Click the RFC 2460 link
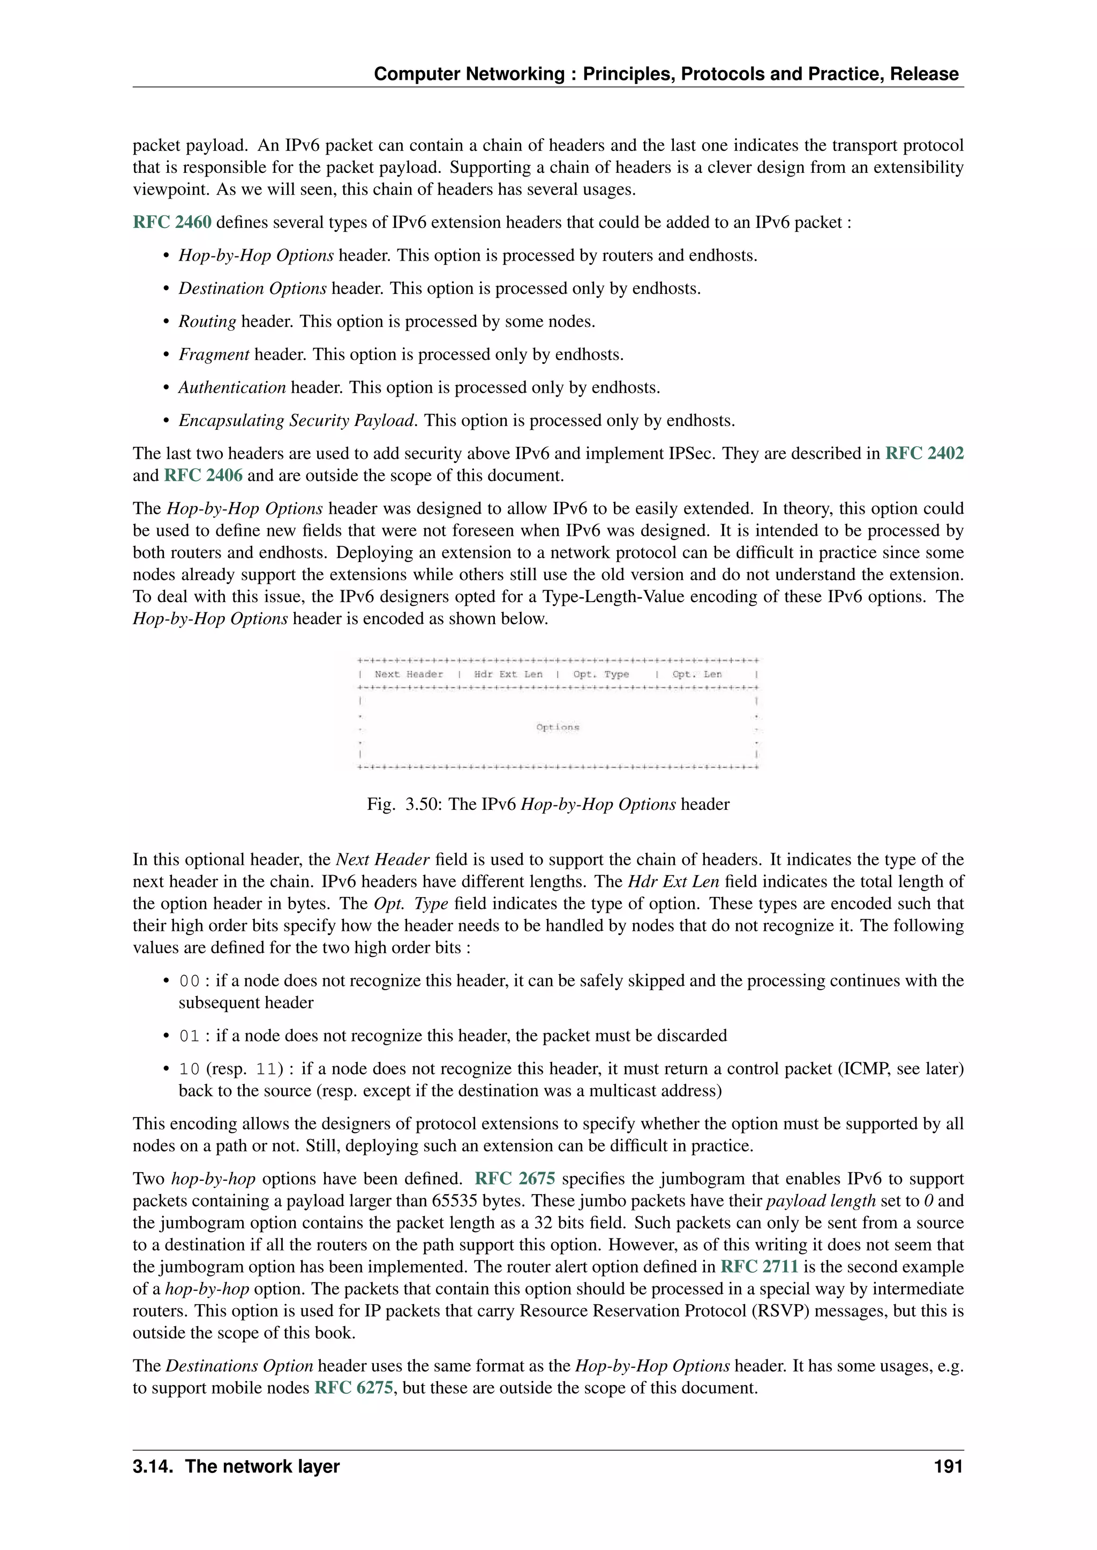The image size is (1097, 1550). pos(171,223)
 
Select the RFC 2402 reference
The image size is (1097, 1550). pos(924,454)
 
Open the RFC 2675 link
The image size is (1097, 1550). pos(515,1179)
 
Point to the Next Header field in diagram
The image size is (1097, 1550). pos(409,674)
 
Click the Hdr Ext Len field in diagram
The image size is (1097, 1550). pos(508,674)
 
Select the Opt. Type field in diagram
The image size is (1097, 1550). pos(600,674)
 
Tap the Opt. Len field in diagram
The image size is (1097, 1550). pos(696,674)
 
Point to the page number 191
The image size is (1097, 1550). pos(948,1467)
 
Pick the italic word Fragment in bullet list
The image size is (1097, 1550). pos(214,355)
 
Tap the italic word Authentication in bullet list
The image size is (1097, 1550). pos(232,388)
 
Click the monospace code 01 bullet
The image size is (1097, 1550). pos(189,1036)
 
